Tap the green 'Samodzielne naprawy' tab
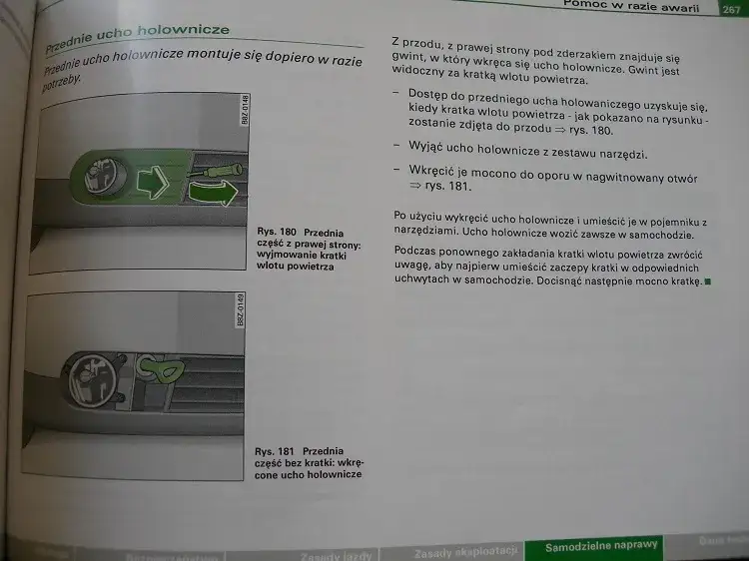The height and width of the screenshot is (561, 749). (x=601, y=545)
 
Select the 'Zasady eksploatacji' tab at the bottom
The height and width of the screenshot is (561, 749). (x=464, y=550)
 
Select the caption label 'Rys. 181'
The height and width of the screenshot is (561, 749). (x=275, y=450)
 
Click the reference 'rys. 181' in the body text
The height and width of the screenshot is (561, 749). (x=447, y=186)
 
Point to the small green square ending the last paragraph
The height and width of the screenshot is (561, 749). (x=708, y=282)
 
